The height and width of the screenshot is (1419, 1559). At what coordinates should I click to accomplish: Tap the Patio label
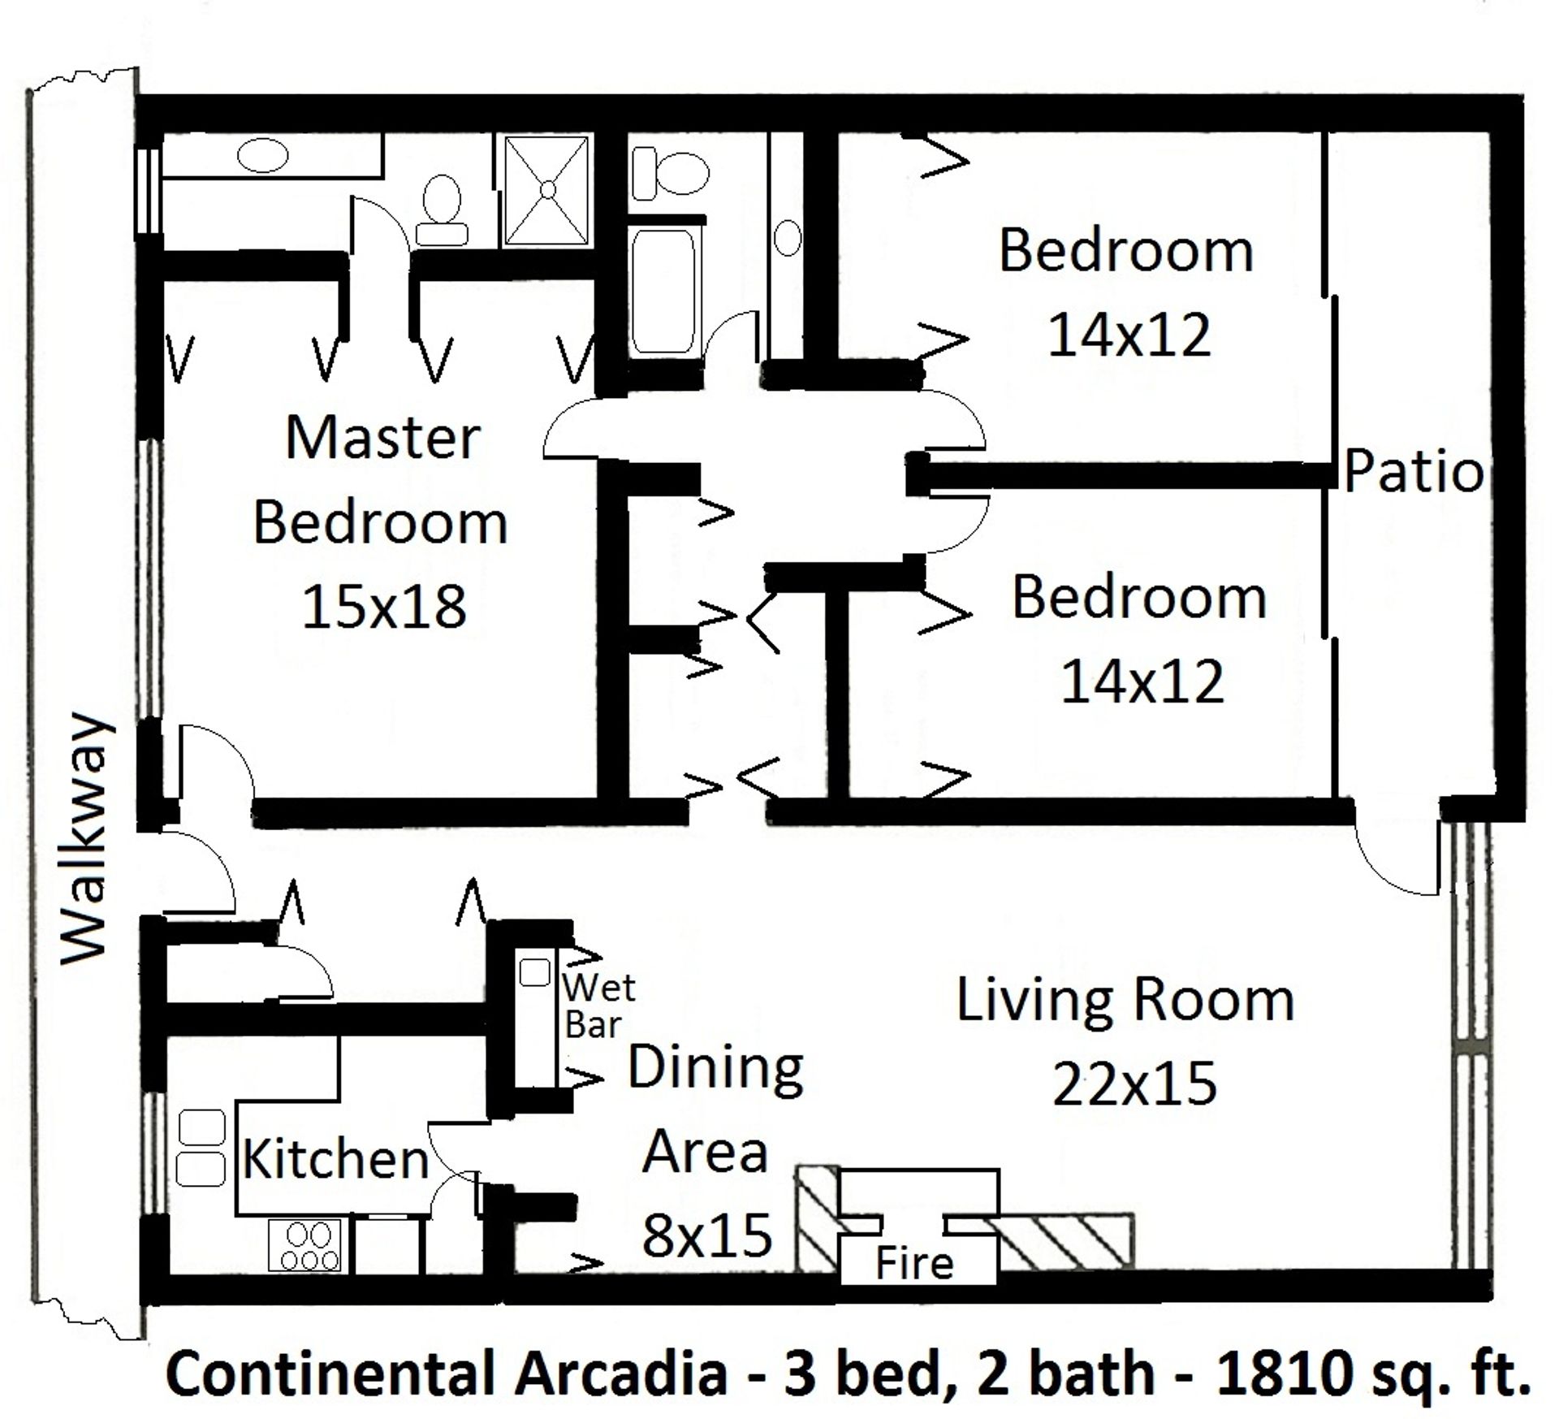[1414, 472]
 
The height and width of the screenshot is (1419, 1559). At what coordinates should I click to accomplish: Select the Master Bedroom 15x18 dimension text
[384, 607]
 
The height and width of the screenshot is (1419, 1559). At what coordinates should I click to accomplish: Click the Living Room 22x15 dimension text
[1134, 1084]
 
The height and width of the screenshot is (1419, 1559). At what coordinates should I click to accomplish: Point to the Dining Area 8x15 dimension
[706, 1235]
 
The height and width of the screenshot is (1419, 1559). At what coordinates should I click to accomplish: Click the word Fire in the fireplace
[913, 1264]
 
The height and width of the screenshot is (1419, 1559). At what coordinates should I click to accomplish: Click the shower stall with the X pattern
[547, 190]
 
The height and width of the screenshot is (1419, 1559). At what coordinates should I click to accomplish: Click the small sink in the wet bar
[534, 972]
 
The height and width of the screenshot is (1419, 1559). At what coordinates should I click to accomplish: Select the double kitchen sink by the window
[201, 1149]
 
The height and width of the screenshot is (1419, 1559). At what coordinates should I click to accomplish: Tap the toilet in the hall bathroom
[670, 172]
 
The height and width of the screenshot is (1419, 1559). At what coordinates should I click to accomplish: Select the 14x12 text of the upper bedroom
[1129, 335]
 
